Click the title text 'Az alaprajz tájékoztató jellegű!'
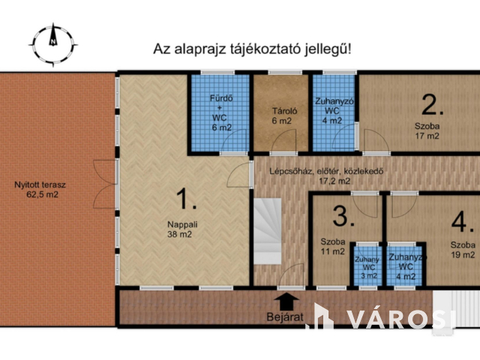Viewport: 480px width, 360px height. pos(252,49)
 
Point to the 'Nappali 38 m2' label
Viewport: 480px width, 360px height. pos(179,228)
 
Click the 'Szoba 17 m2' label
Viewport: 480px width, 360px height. pos(427,131)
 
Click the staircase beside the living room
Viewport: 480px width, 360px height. pos(267,228)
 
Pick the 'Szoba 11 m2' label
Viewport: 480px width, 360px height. pos(333,247)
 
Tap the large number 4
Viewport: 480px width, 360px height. pos(463,222)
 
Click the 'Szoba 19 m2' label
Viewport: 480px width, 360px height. pos(463,250)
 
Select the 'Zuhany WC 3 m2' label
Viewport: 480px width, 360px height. pos(367,266)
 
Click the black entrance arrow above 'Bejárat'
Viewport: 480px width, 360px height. pos(286,300)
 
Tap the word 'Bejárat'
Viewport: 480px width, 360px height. pos(286,317)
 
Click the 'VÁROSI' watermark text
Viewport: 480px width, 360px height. pos(401,318)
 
